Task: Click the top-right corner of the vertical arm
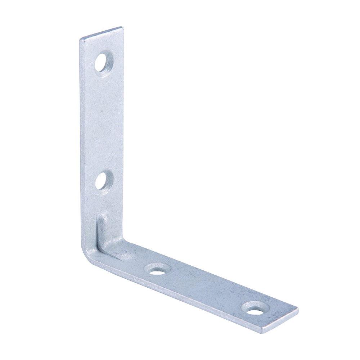122,28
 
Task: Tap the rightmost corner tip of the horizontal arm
298,309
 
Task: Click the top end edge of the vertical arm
101,32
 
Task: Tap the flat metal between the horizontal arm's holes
205,286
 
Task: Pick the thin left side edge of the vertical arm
81,144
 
